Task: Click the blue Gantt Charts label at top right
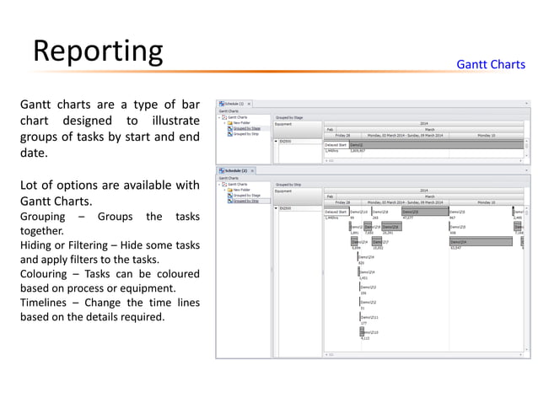[x=490, y=65]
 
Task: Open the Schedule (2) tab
[x=233, y=171]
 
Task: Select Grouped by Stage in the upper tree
[x=246, y=127]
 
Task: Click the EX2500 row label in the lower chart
[x=286, y=208]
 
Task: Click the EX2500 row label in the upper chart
[x=286, y=141]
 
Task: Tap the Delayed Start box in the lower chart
[x=336, y=212]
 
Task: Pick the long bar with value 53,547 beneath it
[x=480, y=242]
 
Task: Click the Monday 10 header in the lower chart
[x=487, y=202]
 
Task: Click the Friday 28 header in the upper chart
[x=342, y=134]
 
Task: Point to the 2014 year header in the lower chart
[x=423, y=191]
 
